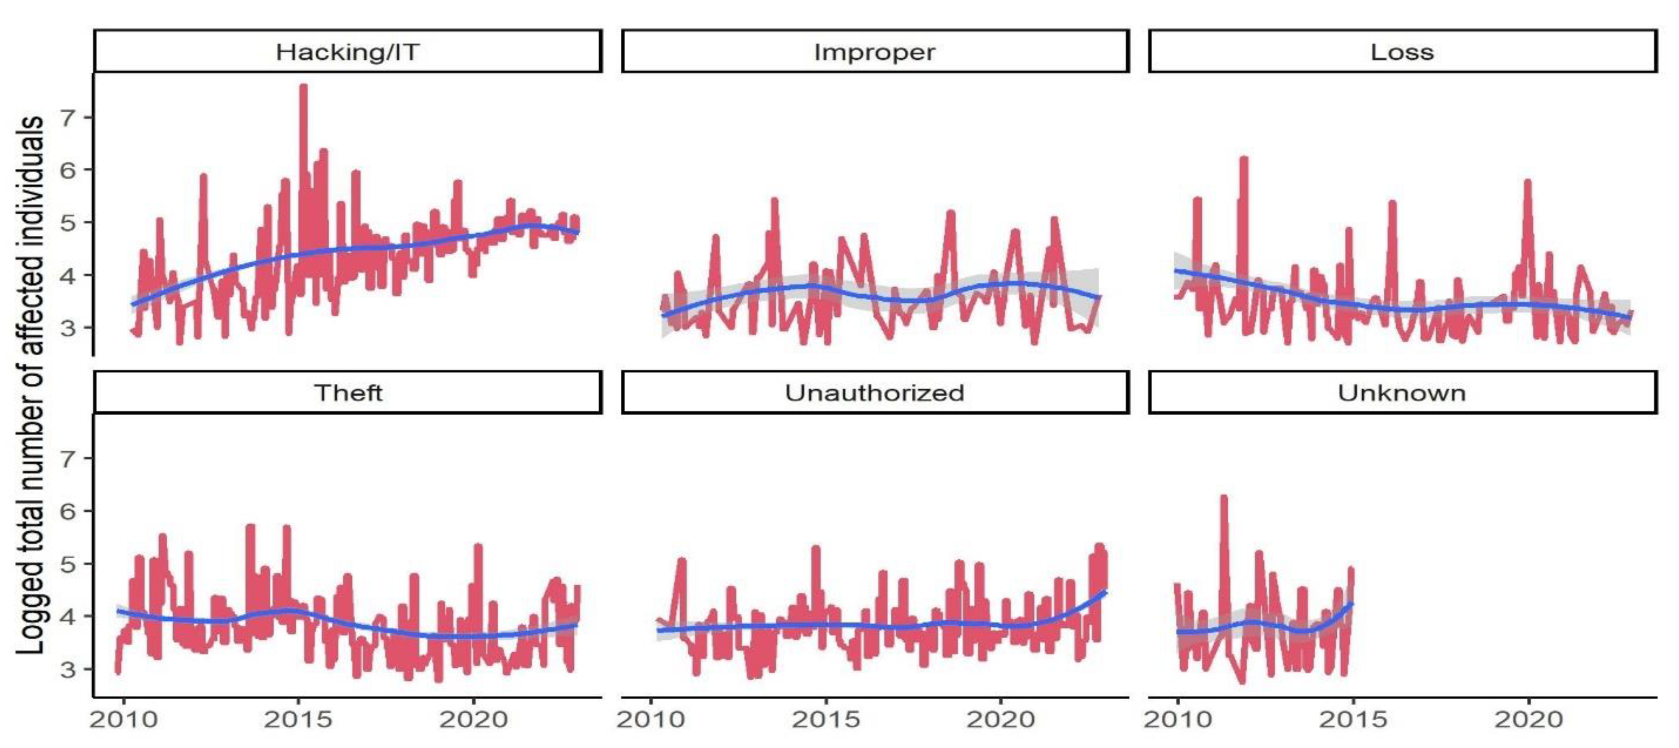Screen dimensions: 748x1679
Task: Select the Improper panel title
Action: coord(874,52)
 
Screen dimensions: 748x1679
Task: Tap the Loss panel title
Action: coord(1402,52)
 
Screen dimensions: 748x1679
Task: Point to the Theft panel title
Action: coord(348,393)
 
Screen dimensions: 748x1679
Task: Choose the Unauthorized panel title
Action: coord(874,393)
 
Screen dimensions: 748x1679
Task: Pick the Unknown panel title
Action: coord(1402,393)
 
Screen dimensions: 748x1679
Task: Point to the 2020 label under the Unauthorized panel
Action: coord(1001,720)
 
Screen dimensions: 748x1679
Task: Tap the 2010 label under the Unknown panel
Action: coord(1178,720)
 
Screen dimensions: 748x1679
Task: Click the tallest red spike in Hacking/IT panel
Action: coord(303,87)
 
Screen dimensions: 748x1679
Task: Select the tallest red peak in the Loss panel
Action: coord(1244,159)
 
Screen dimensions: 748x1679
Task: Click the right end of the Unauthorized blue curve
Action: coord(1106,592)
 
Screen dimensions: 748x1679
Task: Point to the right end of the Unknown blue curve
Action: coord(1352,604)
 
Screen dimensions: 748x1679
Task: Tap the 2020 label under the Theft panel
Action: coord(473,720)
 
